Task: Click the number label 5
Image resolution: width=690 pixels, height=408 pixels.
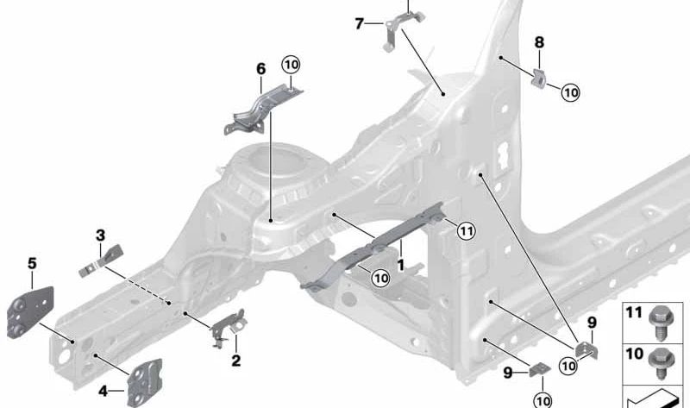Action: [32, 263]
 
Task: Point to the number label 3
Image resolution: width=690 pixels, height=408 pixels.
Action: [100, 235]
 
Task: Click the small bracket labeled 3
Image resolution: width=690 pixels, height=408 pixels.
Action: [101, 261]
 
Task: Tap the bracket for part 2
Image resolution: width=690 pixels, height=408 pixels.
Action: [228, 327]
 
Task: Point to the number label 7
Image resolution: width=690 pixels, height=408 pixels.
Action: [360, 23]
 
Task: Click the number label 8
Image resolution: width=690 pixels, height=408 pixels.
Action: [539, 41]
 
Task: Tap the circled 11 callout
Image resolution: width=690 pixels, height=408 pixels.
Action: [466, 230]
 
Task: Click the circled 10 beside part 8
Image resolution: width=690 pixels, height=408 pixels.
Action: [571, 91]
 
